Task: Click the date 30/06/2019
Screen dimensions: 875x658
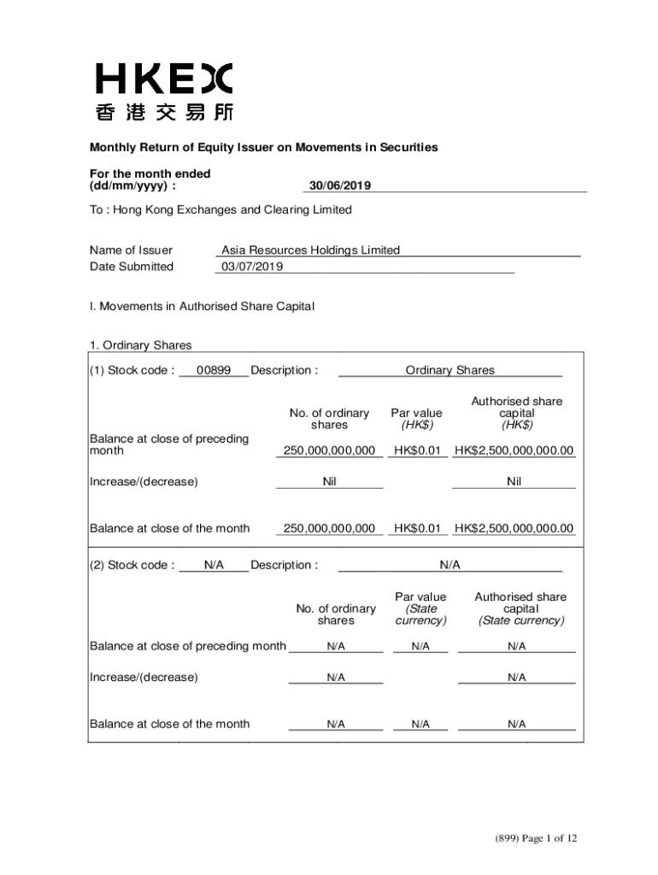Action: [x=339, y=185]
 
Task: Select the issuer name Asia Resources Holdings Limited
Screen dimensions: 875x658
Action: [x=310, y=250]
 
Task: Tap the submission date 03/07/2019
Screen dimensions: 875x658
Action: [x=252, y=267]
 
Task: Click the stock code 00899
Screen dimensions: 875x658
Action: [x=214, y=370]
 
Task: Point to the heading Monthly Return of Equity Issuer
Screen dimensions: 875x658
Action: [x=264, y=147]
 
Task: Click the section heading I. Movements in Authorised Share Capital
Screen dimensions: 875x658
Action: [x=202, y=306]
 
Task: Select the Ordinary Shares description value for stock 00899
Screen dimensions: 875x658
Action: [x=449, y=370]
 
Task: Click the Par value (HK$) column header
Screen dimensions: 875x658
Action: [x=416, y=419]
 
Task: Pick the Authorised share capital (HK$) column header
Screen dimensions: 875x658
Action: [x=516, y=413]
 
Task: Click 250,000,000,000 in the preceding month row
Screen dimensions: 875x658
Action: [x=329, y=450]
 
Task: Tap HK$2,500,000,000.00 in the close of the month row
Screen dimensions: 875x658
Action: [x=514, y=528]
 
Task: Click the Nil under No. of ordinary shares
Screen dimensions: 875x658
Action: [x=329, y=481]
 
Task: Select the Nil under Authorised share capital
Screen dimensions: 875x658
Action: [x=514, y=481]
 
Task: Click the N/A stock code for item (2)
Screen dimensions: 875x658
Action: [x=214, y=565]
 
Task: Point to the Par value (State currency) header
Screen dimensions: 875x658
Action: [x=420, y=608]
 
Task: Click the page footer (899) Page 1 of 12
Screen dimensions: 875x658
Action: [x=536, y=838]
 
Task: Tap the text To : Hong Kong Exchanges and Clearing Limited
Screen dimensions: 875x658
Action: [x=220, y=209]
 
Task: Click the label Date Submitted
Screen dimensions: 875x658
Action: [x=132, y=267]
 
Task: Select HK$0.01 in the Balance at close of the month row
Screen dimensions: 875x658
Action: [x=416, y=528]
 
